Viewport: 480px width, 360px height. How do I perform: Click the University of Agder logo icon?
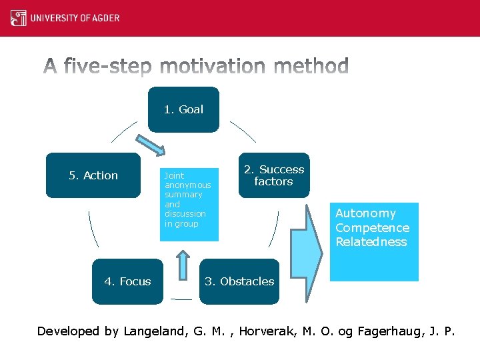[19, 18]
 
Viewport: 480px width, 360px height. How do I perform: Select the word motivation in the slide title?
[214, 67]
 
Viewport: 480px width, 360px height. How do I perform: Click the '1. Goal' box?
[183, 109]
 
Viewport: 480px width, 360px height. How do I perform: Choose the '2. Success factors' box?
[273, 175]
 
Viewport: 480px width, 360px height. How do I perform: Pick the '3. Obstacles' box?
[239, 281]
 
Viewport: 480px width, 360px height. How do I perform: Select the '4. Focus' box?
[127, 281]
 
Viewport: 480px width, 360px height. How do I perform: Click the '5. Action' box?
[93, 175]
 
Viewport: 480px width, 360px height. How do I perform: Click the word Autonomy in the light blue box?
[365, 213]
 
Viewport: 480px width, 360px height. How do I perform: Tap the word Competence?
[372, 228]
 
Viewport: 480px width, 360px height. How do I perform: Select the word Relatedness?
[371, 242]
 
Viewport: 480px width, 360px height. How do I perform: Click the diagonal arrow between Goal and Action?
[151, 147]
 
